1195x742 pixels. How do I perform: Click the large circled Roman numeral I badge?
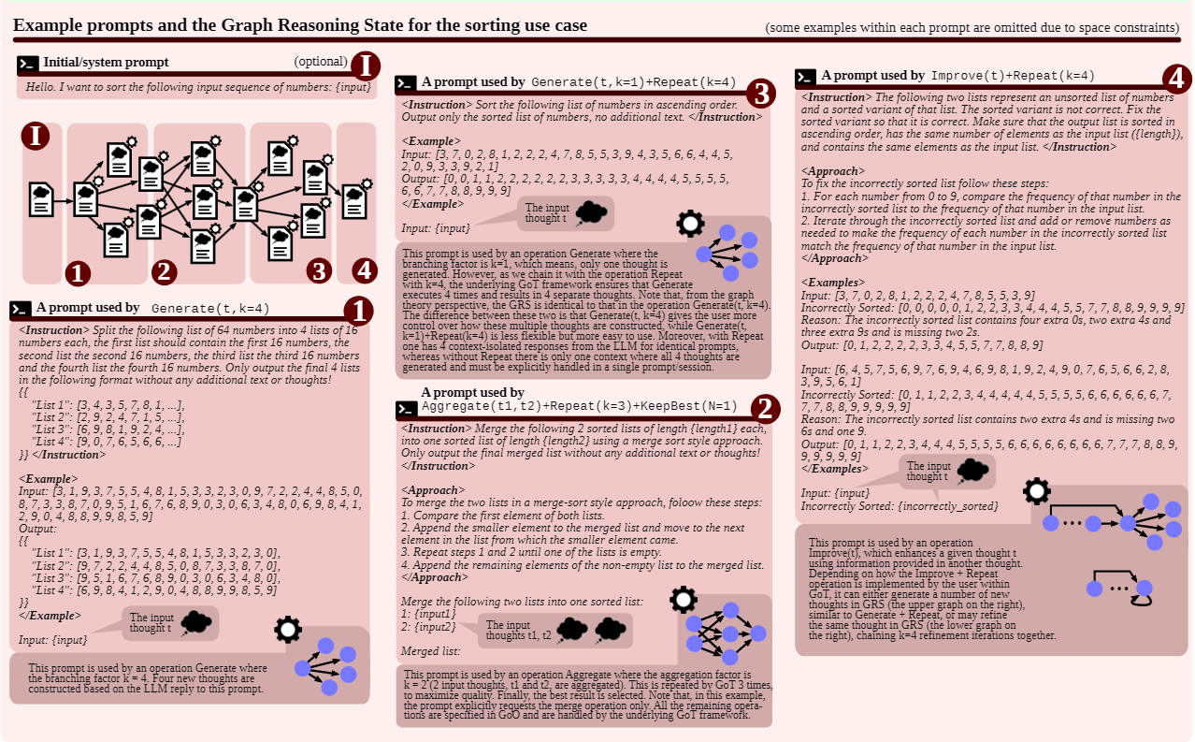pos(366,65)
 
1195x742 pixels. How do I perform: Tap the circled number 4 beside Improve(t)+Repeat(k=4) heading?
pos(1175,79)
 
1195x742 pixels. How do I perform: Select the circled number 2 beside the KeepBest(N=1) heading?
pos(765,408)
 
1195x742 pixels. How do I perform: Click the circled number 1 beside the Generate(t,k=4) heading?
pos(359,311)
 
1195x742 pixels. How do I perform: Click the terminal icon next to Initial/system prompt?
pos(28,64)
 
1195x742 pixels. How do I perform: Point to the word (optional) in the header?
pos(321,62)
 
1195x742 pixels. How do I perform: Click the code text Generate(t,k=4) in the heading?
pos(210,308)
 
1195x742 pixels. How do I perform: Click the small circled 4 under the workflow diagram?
pos(365,271)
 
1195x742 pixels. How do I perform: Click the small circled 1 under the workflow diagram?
pos(79,272)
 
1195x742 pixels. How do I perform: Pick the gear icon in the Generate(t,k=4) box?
pos(287,629)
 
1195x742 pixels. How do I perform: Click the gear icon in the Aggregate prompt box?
pos(684,599)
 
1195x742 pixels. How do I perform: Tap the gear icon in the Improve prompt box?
pos(1036,490)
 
